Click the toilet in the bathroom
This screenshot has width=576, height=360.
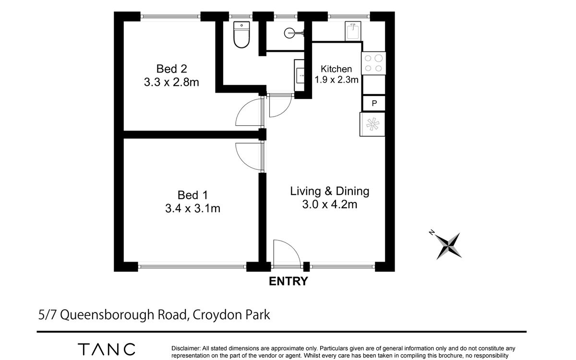pyautogui.click(x=241, y=35)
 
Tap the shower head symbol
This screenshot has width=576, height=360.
pyautogui.click(x=294, y=33)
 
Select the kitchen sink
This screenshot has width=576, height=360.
pyautogui.click(x=353, y=31)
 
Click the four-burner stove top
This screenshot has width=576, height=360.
pyautogui.click(x=373, y=63)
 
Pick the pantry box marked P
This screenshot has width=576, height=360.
pyautogui.click(x=374, y=103)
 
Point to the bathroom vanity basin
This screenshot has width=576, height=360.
pyautogui.click(x=300, y=75)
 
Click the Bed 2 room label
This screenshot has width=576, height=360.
pyautogui.click(x=171, y=69)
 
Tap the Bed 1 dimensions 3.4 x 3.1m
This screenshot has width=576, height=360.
pyautogui.click(x=192, y=208)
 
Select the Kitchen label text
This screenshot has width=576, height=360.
pyautogui.click(x=336, y=69)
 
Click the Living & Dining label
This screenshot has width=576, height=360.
pyautogui.click(x=330, y=192)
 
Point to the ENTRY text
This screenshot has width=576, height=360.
pyautogui.click(x=288, y=281)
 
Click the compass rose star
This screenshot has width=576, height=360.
pyautogui.click(x=449, y=246)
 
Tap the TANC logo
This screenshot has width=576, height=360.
pyautogui.click(x=107, y=349)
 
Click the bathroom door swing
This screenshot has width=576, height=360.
pyautogui.click(x=286, y=110)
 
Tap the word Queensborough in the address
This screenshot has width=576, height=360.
pyautogui.click(x=107, y=315)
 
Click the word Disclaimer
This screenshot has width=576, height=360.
pyautogui.click(x=186, y=348)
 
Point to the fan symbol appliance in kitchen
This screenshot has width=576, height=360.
pyautogui.click(x=372, y=124)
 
